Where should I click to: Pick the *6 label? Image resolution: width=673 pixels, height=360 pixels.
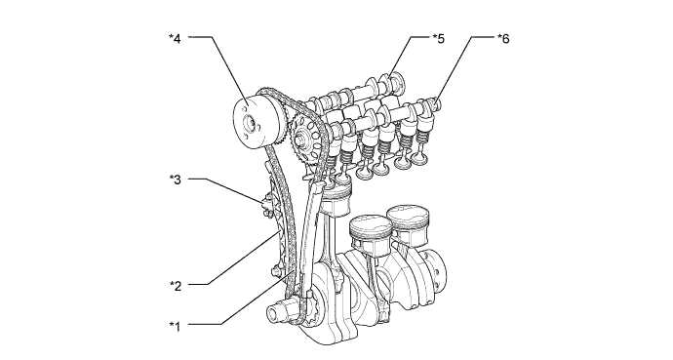pyautogui.click(x=502, y=38)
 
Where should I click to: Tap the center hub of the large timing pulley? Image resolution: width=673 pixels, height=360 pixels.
pyautogui.click(x=251, y=124)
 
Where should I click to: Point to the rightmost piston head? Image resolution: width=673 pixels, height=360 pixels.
pyautogui.click(x=407, y=220)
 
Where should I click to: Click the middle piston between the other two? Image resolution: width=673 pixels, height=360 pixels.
pyautogui.click(x=371, y=234)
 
